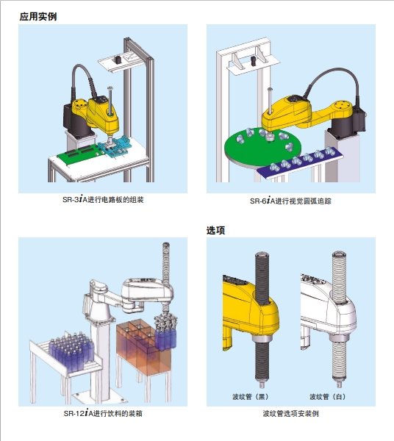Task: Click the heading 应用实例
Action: pos(38,17)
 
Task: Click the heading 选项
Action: pos(215,230)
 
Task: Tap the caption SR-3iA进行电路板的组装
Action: pos(103,200)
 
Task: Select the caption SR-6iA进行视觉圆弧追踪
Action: pos(290,201)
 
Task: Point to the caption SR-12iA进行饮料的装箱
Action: pos(103,413)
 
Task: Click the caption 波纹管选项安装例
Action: pos(290,413)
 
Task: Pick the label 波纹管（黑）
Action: pos(250,397)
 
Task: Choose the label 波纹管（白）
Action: pos(328,397)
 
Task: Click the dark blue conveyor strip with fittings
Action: pos(299,164)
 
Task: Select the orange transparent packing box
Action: pos(142,348)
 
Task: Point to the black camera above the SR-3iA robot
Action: pos(118,60)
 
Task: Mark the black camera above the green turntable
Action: pos(254,61)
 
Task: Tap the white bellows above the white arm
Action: pos(339,277)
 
